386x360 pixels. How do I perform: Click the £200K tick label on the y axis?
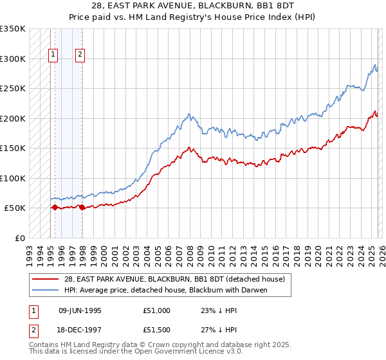13,118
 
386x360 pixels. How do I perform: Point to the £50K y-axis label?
15,208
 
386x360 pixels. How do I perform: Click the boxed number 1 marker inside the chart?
52,55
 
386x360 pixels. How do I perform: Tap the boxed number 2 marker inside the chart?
80,55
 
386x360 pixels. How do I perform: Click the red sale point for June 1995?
55,208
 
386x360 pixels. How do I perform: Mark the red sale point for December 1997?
82,207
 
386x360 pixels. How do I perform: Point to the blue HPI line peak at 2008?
189,114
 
